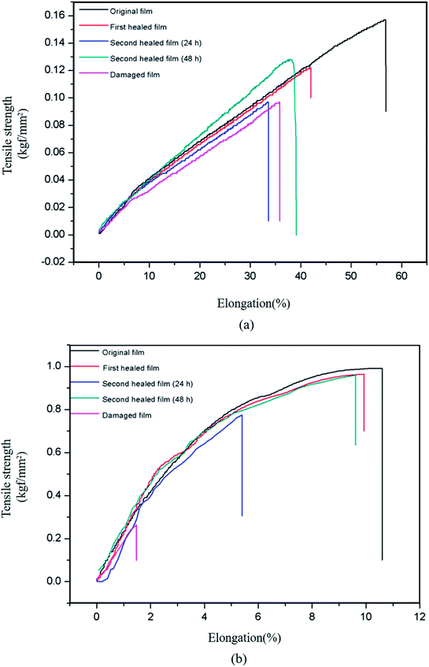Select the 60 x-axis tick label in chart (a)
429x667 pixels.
[x=401, y=278]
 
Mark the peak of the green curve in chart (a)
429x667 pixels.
[x=290, y=59]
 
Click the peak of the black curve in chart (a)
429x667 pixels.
[x=385, y=20]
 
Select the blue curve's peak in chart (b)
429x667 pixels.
[x=242, y=415]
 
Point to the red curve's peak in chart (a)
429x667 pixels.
[x=310, y=68]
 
